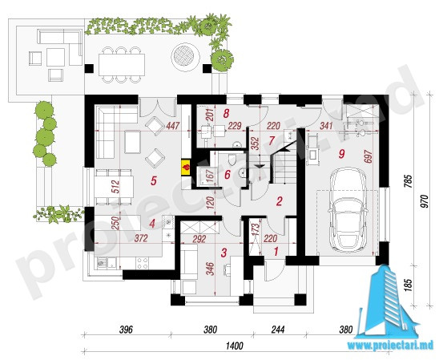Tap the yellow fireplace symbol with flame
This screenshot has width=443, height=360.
point(186,168)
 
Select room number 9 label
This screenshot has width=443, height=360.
point(341,154)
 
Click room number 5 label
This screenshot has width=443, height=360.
point(153,180)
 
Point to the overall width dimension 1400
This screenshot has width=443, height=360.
point(235,346)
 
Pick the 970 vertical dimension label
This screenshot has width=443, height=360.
point(425,201)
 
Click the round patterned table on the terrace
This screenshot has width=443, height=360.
point(186,55)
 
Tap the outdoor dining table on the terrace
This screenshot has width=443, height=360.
point(122,64)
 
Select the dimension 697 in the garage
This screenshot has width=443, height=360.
point(368,156)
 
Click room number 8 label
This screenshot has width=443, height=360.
point(225,113)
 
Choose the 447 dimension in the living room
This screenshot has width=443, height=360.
point(172,126)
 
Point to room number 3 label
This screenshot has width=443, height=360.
point(224,253)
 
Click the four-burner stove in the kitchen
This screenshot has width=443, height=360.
point(143,263)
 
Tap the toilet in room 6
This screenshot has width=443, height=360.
point(232,160)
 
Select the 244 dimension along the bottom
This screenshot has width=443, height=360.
point(278,330)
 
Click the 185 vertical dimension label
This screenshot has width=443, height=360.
point(409,285)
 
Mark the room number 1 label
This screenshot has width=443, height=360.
point(276,251)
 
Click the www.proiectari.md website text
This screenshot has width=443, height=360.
point(390,345)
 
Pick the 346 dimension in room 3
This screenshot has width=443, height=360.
point(211,269)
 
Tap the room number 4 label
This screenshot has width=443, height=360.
point(152,224)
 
